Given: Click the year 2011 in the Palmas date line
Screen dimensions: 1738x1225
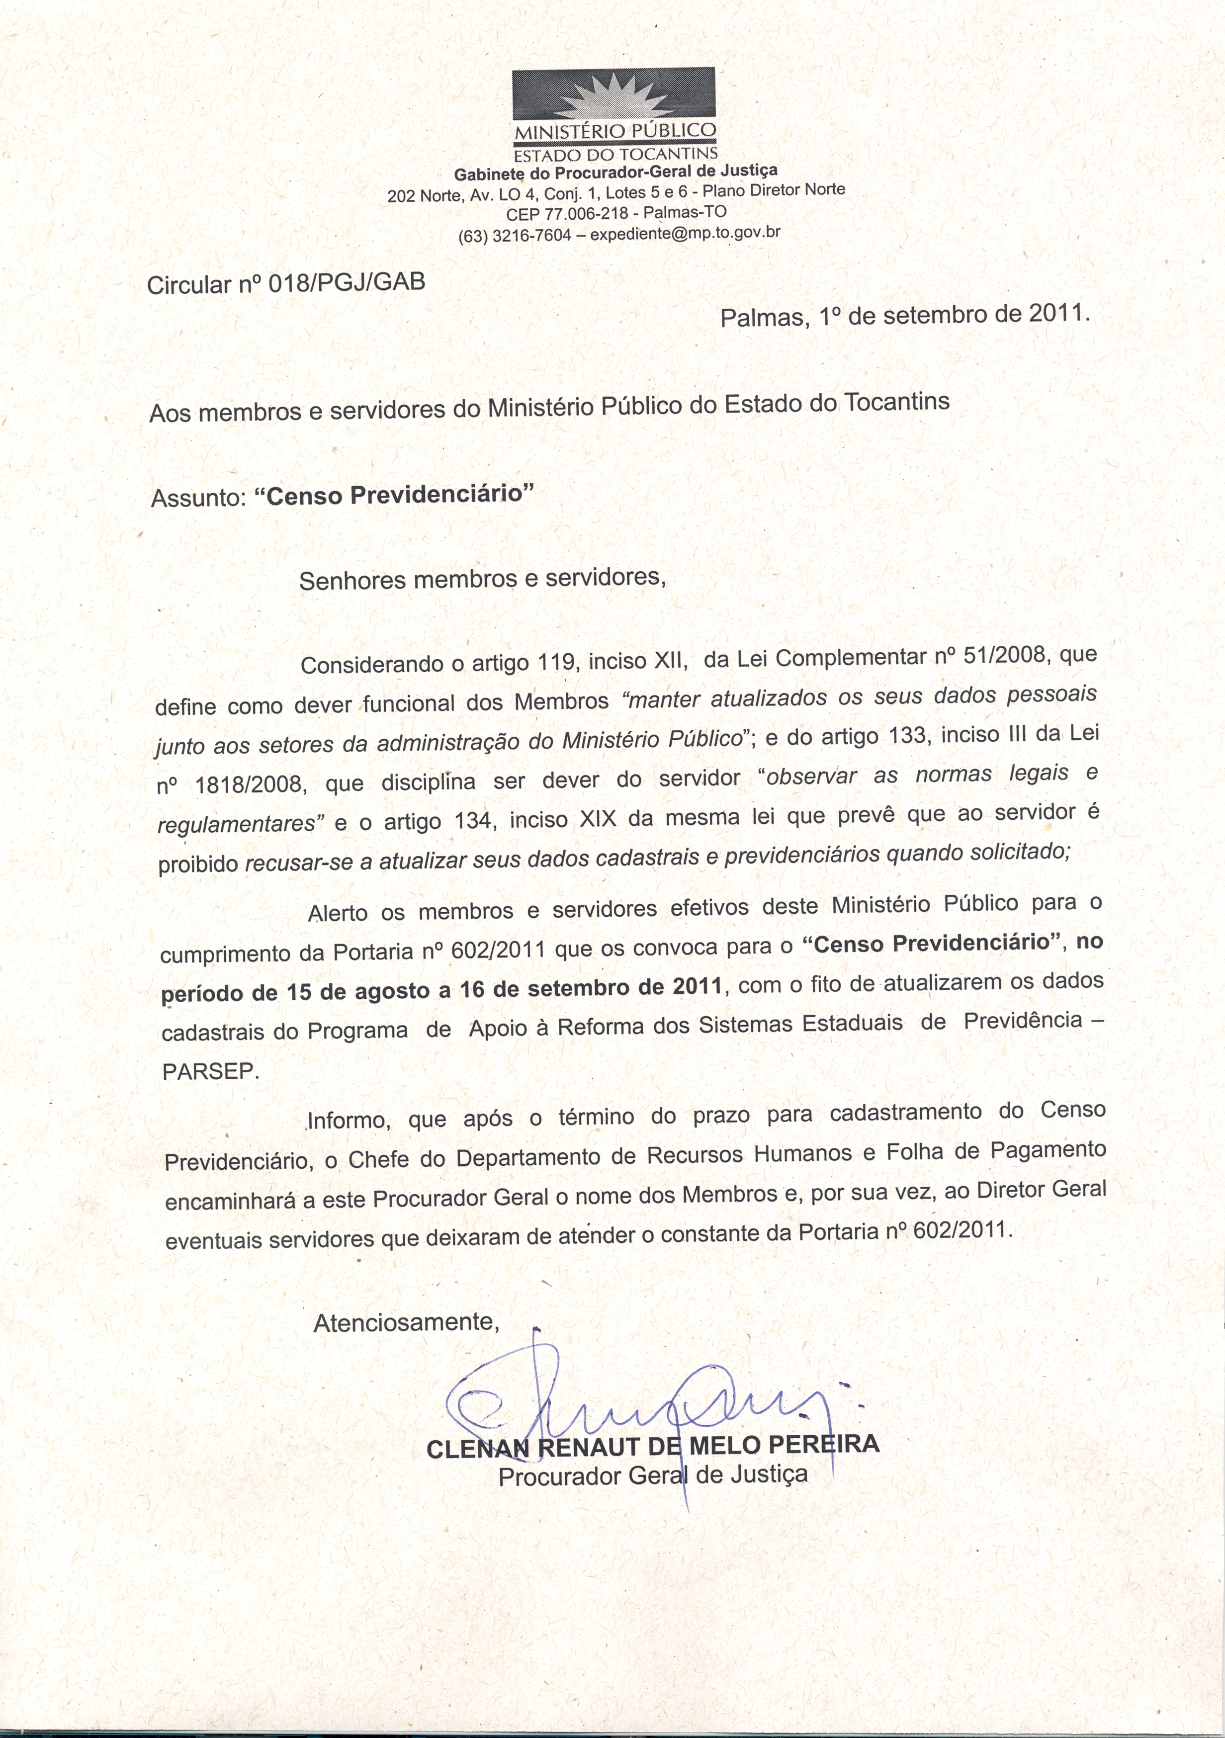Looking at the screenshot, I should point(1057,313).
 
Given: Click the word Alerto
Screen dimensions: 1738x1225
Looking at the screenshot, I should point(337,913).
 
